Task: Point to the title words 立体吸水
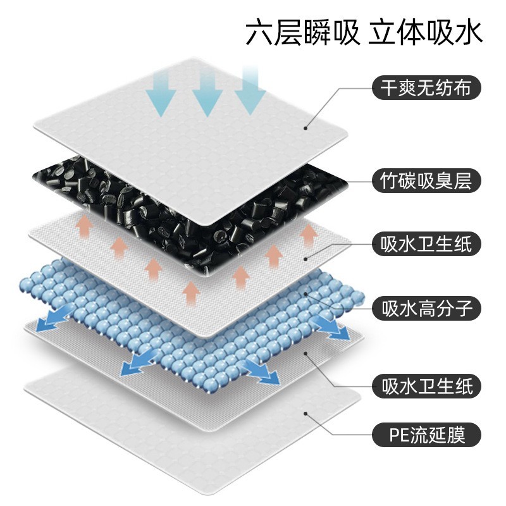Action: click(x=425, y=32)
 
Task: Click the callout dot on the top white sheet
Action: click(x=305, y=128)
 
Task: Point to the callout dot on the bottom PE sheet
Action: click(x=305, y=414)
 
